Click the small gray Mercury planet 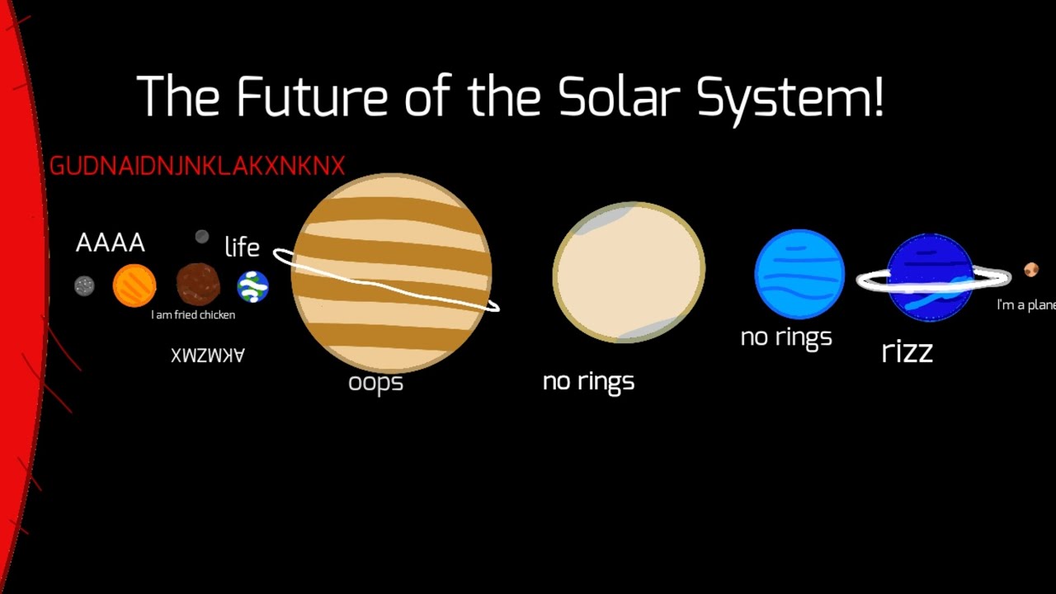pyautogui.click(x=84, y=285)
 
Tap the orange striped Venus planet pyautogui.click(x=134, y=285)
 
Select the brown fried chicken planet pyautogui.click(x=198, y=285)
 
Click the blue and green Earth pyautogui.click(x=252, y=286)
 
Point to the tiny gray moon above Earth pyautogui.click(x=202, y=238)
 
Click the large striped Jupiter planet pyautogui.click(x=392, y=272)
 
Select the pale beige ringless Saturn pyautogui.click(x=629, y=272)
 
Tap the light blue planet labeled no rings pyautogui.click(x=799, y=274)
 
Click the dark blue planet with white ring pyautogui.click(x=930, y=277)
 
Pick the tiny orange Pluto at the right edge pyautogui.click(x=1031, y=270)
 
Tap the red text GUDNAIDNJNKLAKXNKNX pyautogui.click(x=197, y=166)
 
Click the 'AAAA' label pyautogui.click(x=111, y=243)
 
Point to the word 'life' pyautogui.click(x=242, y=247)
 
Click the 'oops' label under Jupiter pyautogui.click(x=375, y=383)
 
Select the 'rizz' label pyautogui.click(x=907, y=351)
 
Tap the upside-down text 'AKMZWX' pyautogui.click(x=208, y=355)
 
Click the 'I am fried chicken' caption pyautogui.click(x=193, y=315)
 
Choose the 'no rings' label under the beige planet pyautogui.click(x=588, y=381)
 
